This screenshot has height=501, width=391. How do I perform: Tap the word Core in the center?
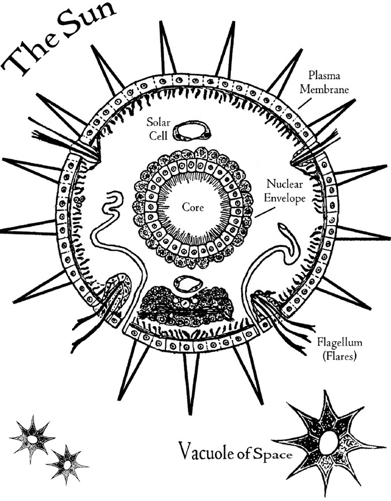pyautogui.click(x=193, y=207)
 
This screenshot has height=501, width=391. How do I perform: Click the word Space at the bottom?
pyautogui.click(x=274, y=454)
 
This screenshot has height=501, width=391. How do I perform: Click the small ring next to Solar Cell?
pyautogui.click(x=190, y=131)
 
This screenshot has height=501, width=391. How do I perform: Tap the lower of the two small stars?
pyautogui.click(x=67, y=464)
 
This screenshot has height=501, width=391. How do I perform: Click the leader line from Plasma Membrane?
pyautogui.click(x=304, y=101)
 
